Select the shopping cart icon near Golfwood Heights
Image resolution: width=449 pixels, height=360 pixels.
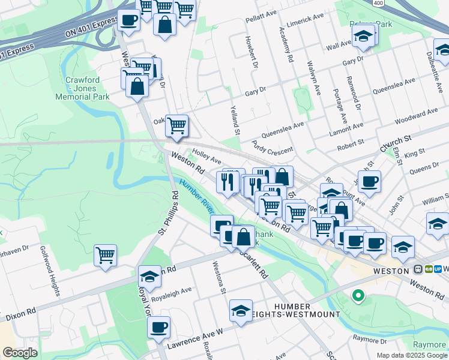coord(106,255)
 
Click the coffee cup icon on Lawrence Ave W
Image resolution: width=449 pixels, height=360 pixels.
coord(158,328)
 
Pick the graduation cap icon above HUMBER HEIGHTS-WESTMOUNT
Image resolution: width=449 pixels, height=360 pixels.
coord(241,310)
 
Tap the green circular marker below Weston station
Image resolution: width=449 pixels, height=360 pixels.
coord(358,295)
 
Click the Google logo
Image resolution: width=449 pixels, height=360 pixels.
coord(20,353)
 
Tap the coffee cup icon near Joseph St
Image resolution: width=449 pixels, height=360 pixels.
coord(370,181)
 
